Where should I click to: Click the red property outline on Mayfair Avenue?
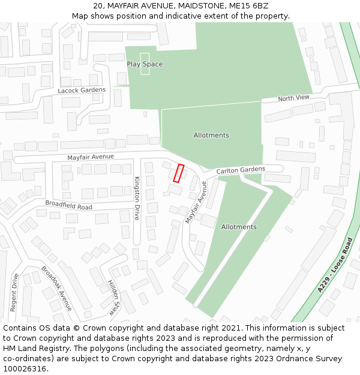click(x=178, y=173)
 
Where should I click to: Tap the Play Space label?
click(x=145, y=64)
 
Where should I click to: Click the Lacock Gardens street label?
click(x=82, y=91)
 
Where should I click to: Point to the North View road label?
click(x=293, y=98)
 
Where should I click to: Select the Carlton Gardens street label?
click(x=241, y=170)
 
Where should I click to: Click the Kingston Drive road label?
click(x=137, y=198)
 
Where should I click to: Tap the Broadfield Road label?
click(x=69, y=205)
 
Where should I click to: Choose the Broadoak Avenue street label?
click(x=56, y=288)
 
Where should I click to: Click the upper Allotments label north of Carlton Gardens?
click(x=211, y=136)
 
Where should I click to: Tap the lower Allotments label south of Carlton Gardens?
click(x=239, y=227)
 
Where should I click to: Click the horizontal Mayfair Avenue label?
click(x=91, y=157)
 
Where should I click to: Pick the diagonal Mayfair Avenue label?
click(x=196, y=202)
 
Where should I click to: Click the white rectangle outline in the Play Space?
click(x=145, y=64)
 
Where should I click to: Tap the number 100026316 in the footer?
click(x=25, y=369)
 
